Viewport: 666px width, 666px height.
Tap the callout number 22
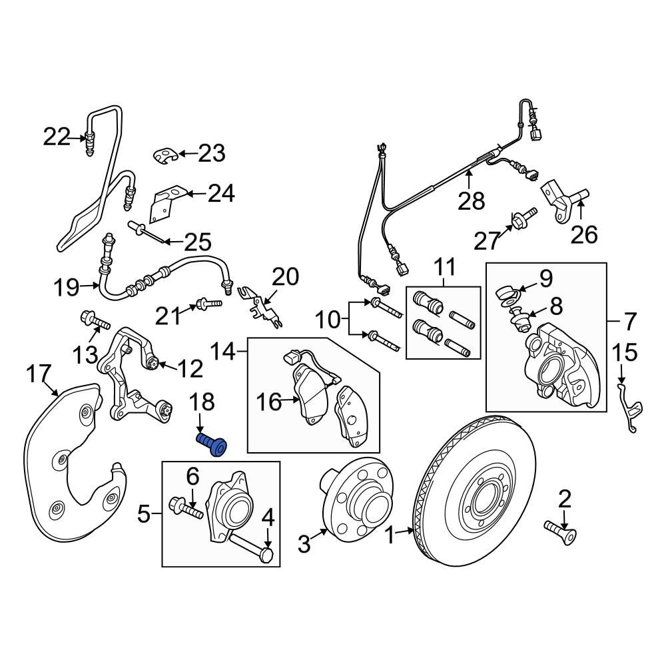(x=57, y=138)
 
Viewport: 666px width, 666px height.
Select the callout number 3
(x=304, y=544)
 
